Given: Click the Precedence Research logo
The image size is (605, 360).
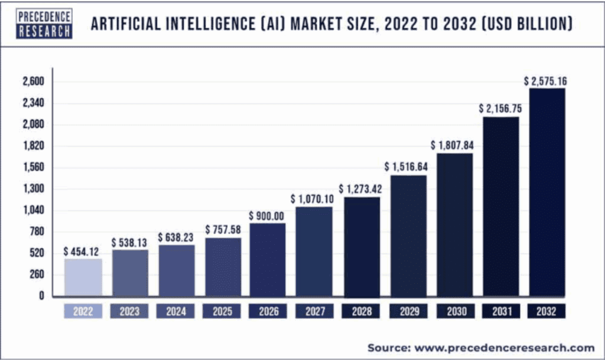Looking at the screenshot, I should coord(45,24).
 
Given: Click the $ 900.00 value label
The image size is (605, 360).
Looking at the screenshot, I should coord(268,216).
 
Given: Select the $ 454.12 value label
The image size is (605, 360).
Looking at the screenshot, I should coord(83,252).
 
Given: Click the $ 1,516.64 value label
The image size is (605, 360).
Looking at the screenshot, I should coord(408,167).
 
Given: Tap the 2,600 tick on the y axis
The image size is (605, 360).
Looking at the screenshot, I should coord(34,82).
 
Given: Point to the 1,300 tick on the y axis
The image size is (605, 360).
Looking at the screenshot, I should coord(34,189).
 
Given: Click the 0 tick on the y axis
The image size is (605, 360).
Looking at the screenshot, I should coord(41,296).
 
